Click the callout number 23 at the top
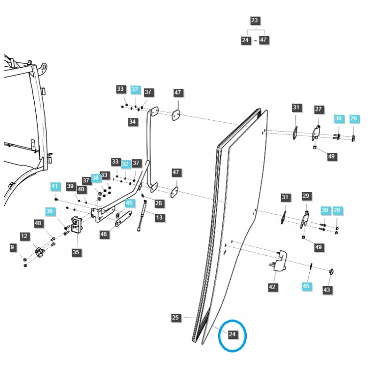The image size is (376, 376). click(x=255, y=21)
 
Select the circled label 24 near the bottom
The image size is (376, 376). click(x=232, y=335)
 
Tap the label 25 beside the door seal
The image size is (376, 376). click(x=176, y=318)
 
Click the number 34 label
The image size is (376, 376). click(x=133, y=122)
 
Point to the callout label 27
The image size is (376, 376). click(x=319, y=109)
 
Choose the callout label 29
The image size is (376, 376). click(x=306, y=195)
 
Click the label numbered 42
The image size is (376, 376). click(x=272, y=287)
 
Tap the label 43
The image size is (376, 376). click(x=327, y=290)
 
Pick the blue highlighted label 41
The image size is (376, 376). click(x=55, y=187)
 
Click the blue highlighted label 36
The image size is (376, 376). click(x=50, y=211)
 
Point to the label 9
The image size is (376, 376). click(x=12, y=247)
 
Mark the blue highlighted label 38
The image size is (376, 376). click(x=96, y=178)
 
